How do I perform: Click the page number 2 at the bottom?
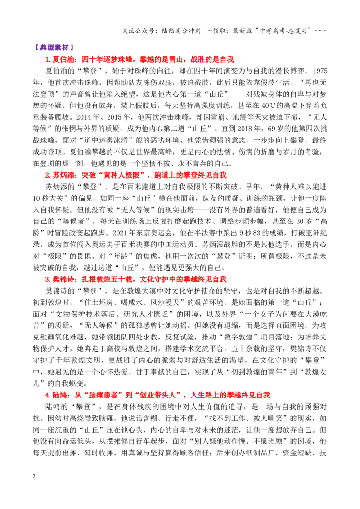coord(34,476)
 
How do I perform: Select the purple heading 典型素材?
coord(54,47)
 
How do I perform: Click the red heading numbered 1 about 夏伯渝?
coord(139,59)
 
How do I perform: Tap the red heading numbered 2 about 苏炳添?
coord(136,175)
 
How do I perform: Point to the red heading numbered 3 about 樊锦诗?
coord(136,279)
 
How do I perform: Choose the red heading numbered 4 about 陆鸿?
coord(157,395)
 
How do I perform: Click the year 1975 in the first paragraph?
coord(319,71)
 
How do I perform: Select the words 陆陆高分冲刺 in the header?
coord(180,31)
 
